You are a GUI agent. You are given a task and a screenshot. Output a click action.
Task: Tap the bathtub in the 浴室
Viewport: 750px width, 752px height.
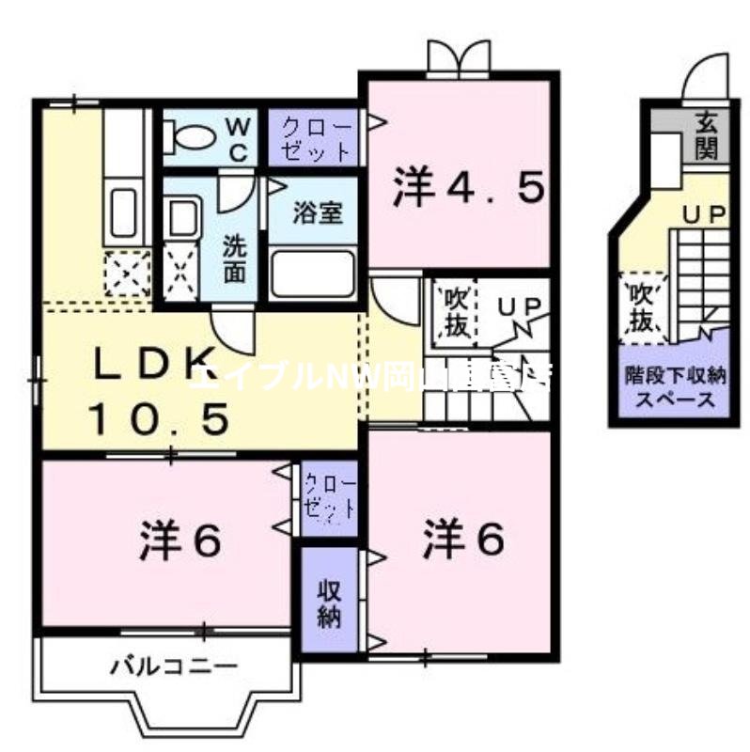(313, 274)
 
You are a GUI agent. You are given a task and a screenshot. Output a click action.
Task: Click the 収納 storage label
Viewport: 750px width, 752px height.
(329, 604)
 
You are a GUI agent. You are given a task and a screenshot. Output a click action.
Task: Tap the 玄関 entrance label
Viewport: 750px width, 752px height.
(706, 134)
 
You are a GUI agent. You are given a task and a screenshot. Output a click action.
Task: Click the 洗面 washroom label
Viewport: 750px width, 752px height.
(234, 258)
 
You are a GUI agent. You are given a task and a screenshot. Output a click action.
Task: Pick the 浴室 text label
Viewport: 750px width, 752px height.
(314, 212)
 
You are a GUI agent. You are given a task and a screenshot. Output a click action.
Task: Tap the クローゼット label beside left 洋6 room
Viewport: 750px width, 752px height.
(329, 497)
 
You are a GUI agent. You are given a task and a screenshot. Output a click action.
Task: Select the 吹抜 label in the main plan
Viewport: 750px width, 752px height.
(456, 313)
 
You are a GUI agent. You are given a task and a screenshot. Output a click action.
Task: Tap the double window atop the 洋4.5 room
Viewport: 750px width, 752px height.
(458, 59)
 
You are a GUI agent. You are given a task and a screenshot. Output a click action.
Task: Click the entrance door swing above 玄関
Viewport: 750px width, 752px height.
(706, 75)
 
